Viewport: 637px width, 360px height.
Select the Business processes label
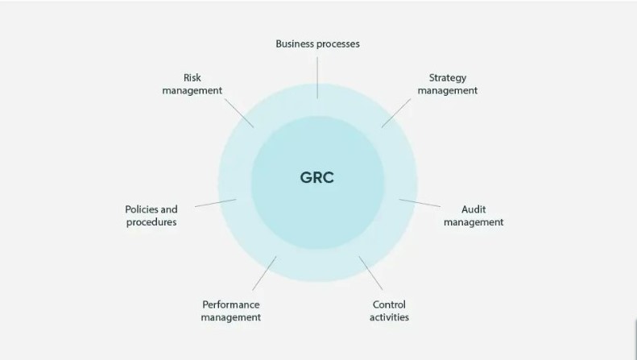(317, 43)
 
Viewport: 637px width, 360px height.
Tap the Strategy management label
(447, 85)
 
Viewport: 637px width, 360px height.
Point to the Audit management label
(474, 216)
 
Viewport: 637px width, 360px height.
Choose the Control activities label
(389, 311)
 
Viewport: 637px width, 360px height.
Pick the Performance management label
(231, 311)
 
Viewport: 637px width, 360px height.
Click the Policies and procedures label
(151, 216)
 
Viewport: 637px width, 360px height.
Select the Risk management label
(192, 85)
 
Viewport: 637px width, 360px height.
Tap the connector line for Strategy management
(397, 112)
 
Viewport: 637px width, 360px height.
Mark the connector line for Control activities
(371, 274)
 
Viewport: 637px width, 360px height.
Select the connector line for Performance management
(264, 273)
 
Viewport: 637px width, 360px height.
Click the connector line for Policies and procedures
(215, 203)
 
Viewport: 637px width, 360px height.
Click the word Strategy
(447, 78)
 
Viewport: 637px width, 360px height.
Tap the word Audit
(474, 209)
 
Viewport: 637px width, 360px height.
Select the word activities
(389, 317)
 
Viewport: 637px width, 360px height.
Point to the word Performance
(231, 304)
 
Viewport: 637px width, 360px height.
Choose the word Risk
(192, 78)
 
